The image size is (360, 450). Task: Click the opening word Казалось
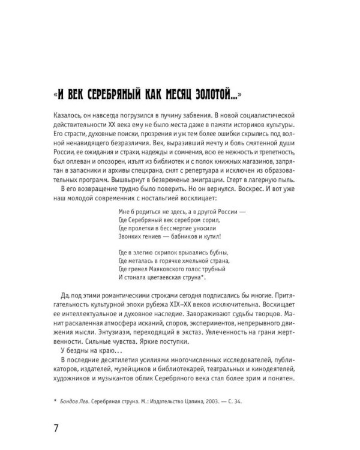69,115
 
